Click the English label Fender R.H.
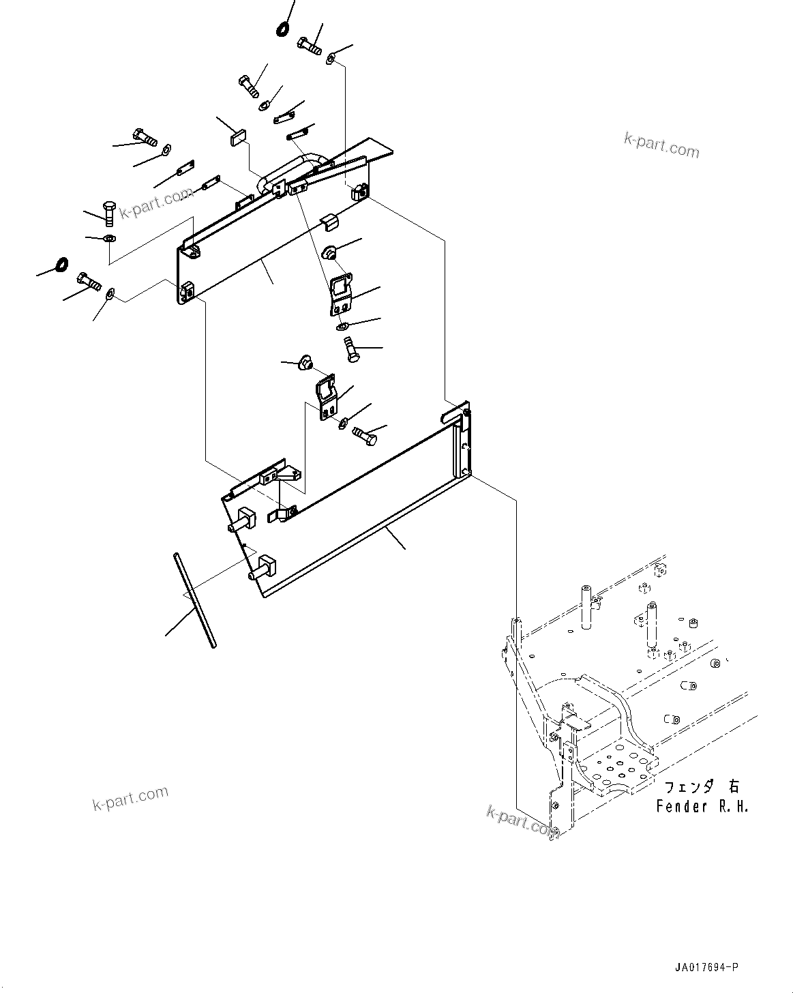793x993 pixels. click(702, 807)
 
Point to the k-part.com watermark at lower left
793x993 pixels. click(130, 798)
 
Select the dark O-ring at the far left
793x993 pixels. click(60, 263)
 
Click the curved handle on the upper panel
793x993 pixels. click(300, 167)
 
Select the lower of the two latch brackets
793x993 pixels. click(326, 396)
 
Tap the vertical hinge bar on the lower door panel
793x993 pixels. click(465, 443)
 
